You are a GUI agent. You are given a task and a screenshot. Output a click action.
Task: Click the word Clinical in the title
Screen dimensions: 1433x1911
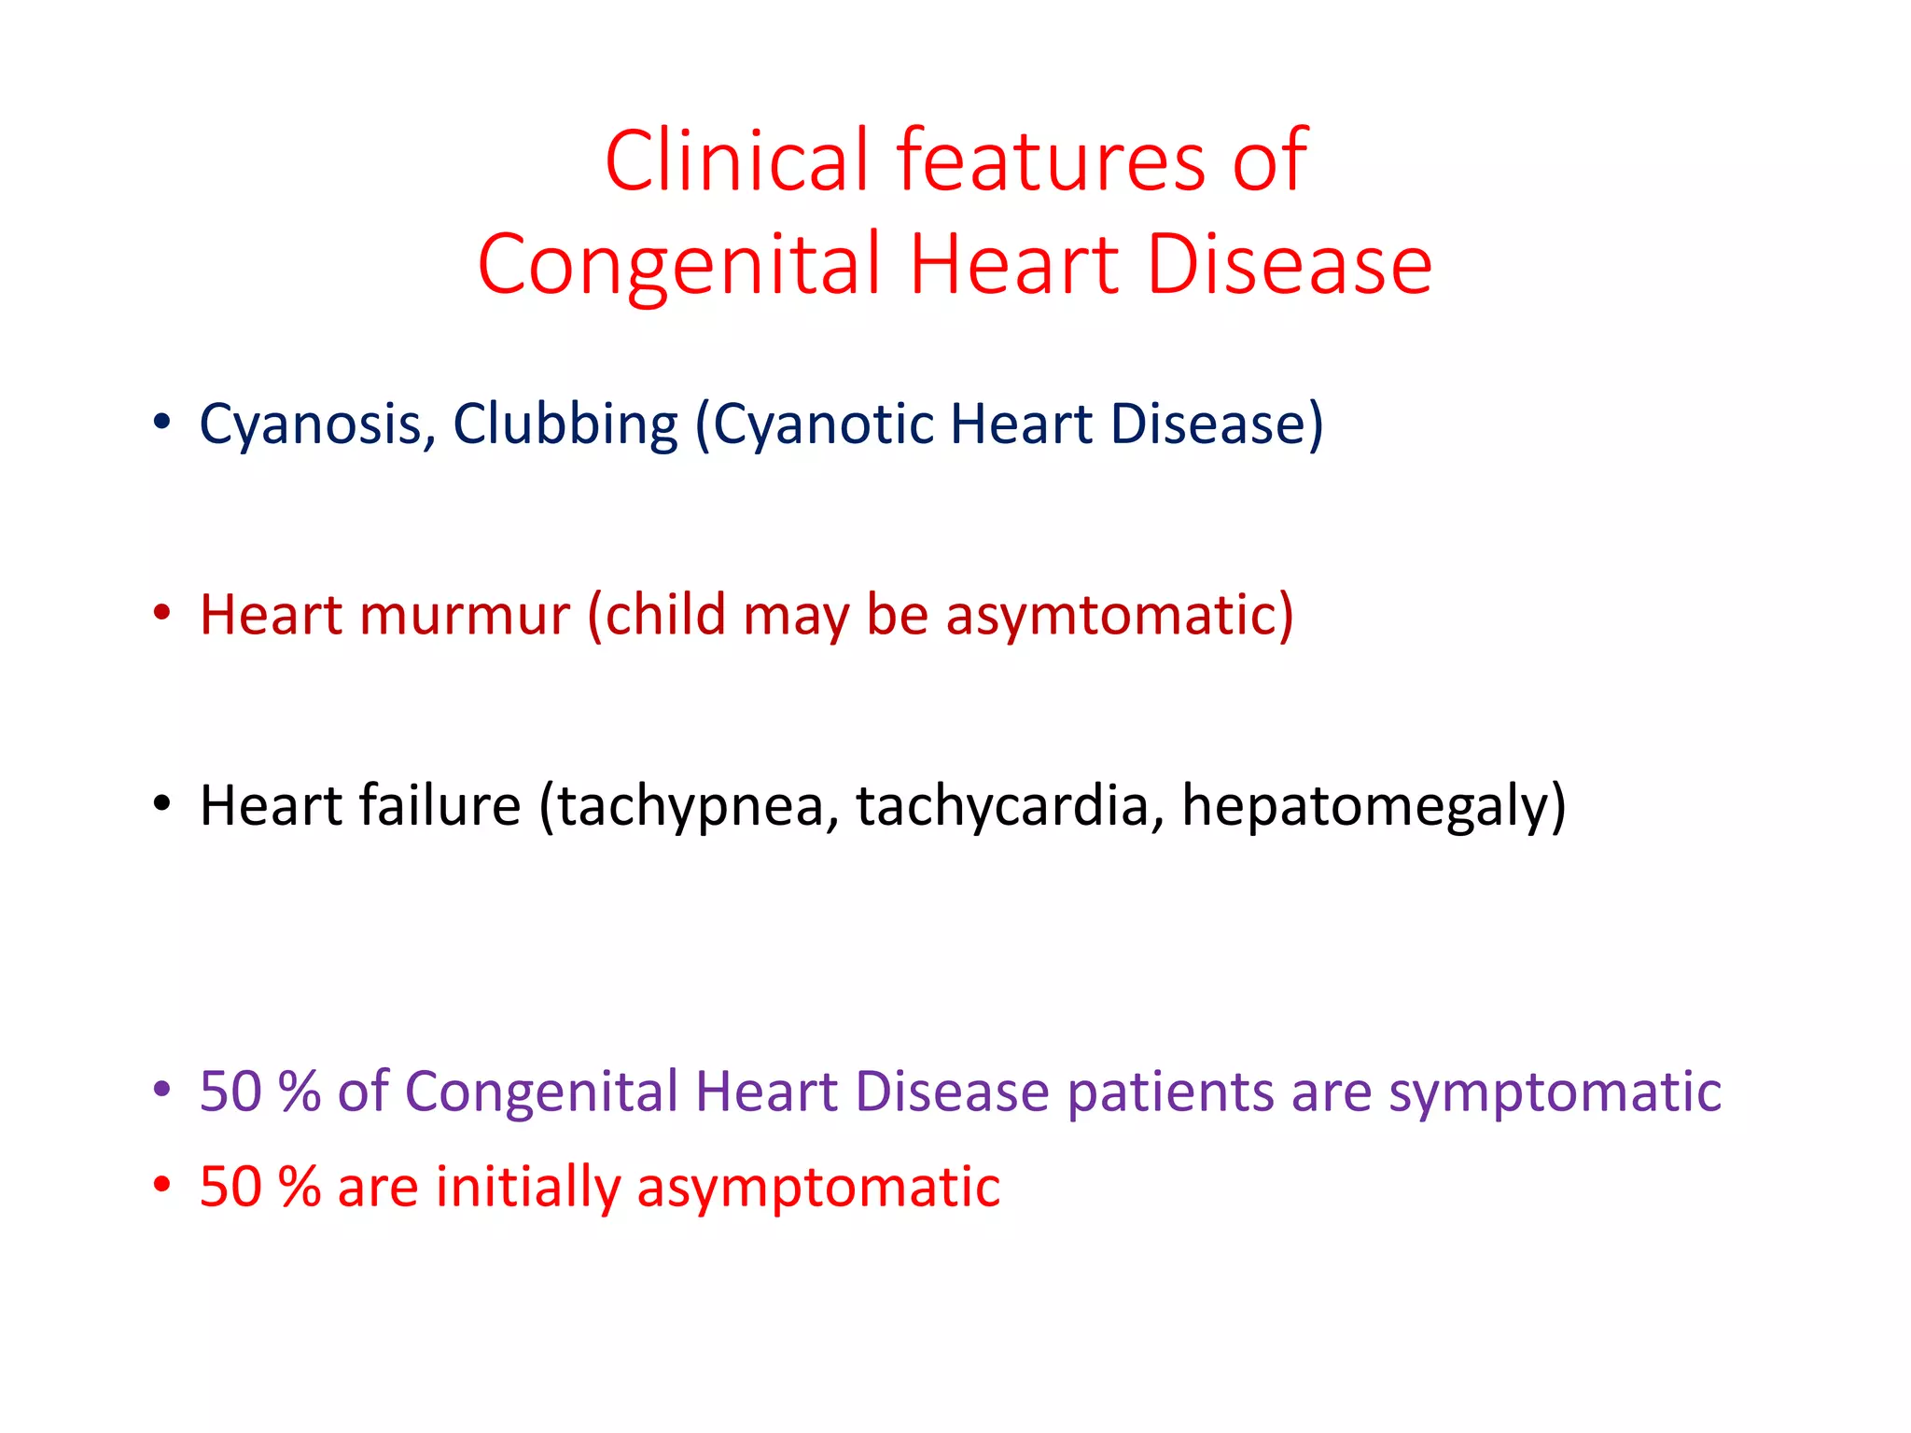pyautogui.click(x=738, y=160)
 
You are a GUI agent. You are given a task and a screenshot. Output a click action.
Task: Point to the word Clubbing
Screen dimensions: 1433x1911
pyautogui.click(x=565, y=424)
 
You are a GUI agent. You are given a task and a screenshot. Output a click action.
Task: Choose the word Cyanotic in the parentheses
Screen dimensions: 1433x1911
pyautogui.click(x=821, y=424)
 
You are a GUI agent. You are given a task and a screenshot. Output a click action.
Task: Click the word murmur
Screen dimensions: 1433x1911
pyautogui.click(x=464, y=615)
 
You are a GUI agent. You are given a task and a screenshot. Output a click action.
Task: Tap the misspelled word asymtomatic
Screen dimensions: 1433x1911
pyautogui.click(x=1119, y=615)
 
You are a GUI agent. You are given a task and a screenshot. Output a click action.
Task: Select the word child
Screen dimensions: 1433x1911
pyautogui.click(x=665, y=615)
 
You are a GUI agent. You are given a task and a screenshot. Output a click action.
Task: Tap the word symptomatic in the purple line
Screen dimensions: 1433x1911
pyautogui.click(x=1555, y=1092)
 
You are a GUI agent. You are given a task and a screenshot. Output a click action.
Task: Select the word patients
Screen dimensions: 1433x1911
pyautogui.click(x=1171, y=1092)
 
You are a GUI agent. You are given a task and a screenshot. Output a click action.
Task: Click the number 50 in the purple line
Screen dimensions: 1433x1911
pyautogui.click(x=230, y=1091)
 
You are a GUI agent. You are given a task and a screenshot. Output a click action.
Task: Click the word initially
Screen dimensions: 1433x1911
pyautogui.click(x=528, y=1187)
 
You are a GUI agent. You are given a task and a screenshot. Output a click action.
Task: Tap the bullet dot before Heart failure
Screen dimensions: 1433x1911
pyautogui.click(x=162, y=803)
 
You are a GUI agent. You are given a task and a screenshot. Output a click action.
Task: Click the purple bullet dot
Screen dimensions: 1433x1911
pyautogui.click(x=162, y=1089)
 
